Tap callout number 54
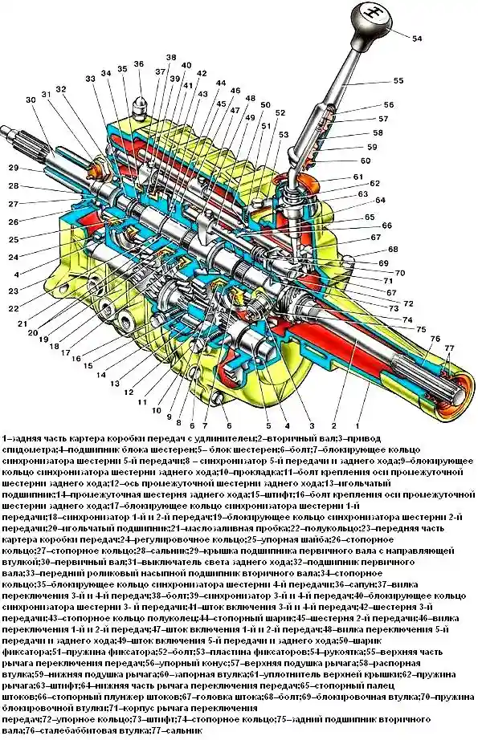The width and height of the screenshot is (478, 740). click(417, 39)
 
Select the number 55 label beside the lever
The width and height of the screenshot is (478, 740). click(398, 81)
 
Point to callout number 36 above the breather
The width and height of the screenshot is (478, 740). click(138, 64)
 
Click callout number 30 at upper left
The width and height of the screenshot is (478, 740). click(31, 100)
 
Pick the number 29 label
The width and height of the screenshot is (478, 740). click(14, 168)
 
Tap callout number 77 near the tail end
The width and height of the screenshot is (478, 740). click(449, 348)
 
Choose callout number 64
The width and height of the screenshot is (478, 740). click(380, 200)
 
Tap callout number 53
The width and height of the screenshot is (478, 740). click(284, 134)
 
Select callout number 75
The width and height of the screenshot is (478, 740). click(420, 329)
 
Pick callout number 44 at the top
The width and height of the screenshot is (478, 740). click(221, 83)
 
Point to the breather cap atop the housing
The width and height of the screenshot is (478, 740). click(141, 104)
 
